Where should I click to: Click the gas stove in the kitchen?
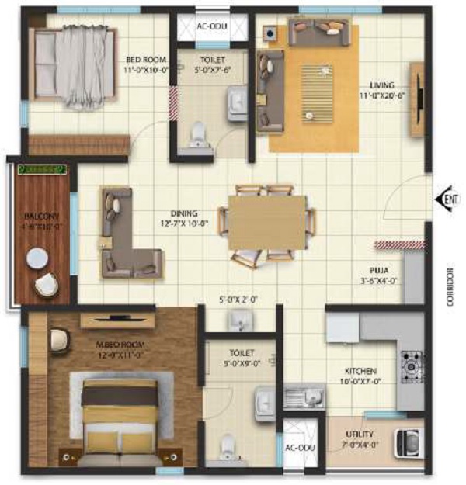tap(411, 363)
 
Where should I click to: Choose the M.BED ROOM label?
tap(94, 344)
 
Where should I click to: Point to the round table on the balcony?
tap(37, 258)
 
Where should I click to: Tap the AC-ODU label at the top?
tap(211, 26)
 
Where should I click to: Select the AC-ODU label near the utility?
tap(299, 448)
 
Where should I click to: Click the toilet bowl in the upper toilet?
tap(199, 133)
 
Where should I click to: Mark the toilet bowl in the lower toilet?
tap(226, 446)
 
